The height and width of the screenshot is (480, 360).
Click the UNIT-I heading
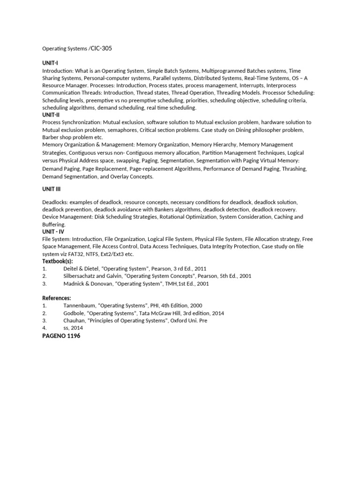(x=50, y=63)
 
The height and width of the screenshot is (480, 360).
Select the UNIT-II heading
(x=51, y=115)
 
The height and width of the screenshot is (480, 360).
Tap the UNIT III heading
(x=52, y=189)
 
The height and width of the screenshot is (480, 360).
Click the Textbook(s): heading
(x=58, y=261)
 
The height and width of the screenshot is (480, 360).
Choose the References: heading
(x=57, y=298)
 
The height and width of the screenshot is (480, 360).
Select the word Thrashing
(x=293, y=169)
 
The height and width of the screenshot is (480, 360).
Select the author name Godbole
(x=74, y=313)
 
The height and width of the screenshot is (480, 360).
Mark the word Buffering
(x=54, y=225)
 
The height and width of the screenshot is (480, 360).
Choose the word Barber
(x=51, y=137)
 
